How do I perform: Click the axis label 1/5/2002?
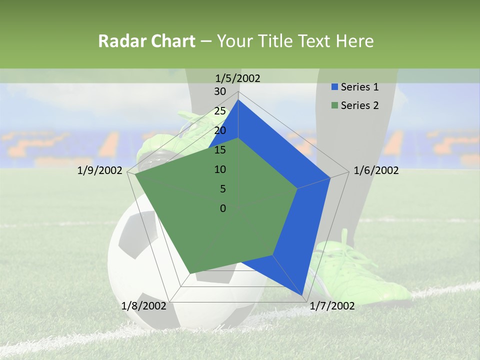coord(238,78)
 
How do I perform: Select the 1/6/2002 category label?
coord(376,170)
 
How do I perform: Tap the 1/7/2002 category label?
coord(332,306)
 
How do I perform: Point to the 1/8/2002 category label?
coord(143,306)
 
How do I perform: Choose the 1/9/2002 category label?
coord(100,170)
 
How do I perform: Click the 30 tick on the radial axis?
coord(220,91)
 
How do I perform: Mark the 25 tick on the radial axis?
coord(220,111)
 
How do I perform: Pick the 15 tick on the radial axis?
coord(220,150)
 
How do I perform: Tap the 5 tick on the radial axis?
coord(222,189)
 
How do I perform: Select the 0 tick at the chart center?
coord(223,208)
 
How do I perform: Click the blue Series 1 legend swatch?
coord(335,87)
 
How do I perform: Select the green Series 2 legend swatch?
coord(335,105)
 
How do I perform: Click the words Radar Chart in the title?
coord(146,41)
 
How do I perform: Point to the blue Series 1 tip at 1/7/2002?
coord(302,294)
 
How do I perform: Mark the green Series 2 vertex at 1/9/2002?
coord(136,175)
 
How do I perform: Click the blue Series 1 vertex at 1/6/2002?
coord(329,177)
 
